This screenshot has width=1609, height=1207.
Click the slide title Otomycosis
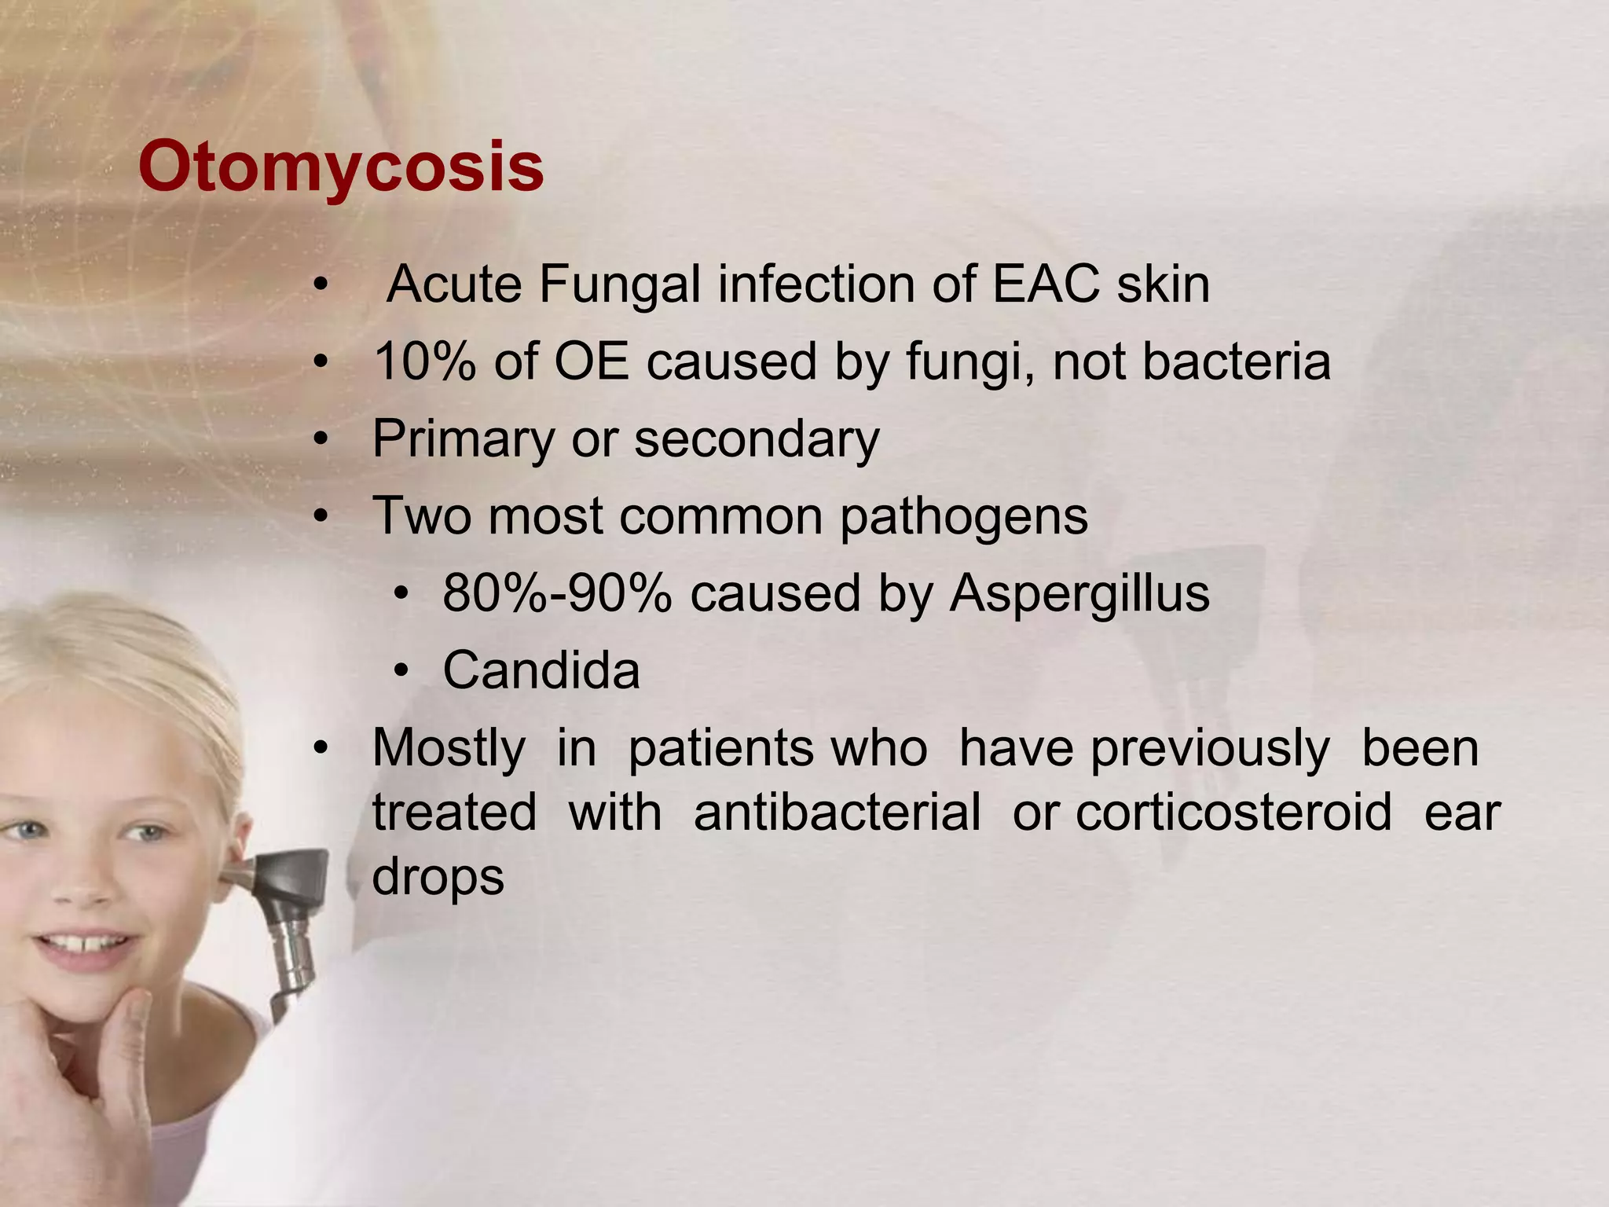point(341,167)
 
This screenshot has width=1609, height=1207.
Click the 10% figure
point(424,361)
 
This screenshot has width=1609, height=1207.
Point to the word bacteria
point(1236,361)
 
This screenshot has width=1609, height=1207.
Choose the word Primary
point(463,439)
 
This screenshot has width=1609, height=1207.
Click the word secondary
point(757,438)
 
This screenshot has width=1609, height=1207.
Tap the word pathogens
point(964,517)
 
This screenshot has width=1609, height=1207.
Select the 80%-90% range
point(557,593)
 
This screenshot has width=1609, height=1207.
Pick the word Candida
point(541,670)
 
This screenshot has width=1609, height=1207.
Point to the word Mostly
point(449,748)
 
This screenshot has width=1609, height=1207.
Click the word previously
point(1210,748)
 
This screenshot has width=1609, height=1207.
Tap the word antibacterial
point(837,812)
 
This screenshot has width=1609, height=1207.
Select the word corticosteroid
point(1233,812)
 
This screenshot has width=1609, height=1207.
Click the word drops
point(438,876)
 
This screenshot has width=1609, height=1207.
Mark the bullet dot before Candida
point(402,671)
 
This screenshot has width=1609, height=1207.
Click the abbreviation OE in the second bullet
point(592,361)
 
